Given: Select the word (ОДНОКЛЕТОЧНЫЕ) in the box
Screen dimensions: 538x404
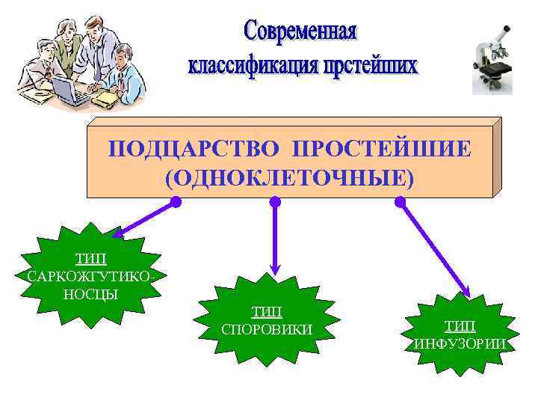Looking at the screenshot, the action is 288,177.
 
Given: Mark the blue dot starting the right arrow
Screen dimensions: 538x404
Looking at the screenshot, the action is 401,201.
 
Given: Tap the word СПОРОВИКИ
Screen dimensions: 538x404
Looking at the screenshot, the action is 268,329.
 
